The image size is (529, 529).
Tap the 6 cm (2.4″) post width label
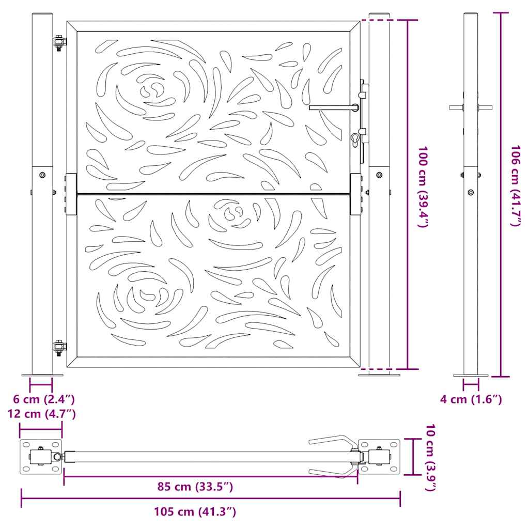43,399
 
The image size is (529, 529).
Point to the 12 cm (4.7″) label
41,414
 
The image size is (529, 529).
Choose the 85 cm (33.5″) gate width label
195,486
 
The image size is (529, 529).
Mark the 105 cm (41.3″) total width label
195,512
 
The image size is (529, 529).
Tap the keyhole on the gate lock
355,139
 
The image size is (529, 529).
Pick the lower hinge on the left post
59,348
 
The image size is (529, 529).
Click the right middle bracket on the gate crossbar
356,194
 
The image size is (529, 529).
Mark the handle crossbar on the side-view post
471,107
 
